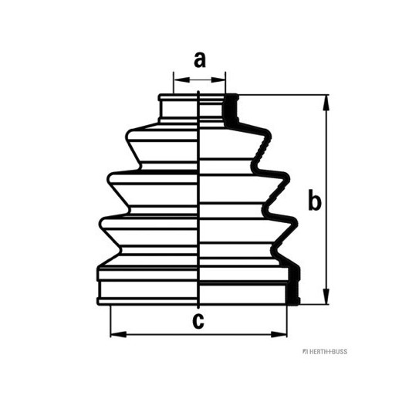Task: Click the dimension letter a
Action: [200, 60]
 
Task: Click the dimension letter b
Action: [315, 200]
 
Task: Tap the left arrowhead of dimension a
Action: [181, 79]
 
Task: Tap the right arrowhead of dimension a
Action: [218, 79]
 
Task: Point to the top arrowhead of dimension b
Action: [326, 103]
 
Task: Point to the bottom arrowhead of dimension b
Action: [326, 296]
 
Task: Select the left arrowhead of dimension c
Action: [119, 334]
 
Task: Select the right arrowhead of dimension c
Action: [279, 334]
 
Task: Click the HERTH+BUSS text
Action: [328, 352]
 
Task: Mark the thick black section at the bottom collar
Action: [293, 285]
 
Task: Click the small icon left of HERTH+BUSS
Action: [305, 352]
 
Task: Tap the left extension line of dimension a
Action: [174, 83]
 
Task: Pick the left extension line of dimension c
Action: [110, 321]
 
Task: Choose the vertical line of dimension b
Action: [326, 200]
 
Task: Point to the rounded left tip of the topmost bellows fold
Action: [127, 136]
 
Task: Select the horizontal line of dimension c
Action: [199, 334]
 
